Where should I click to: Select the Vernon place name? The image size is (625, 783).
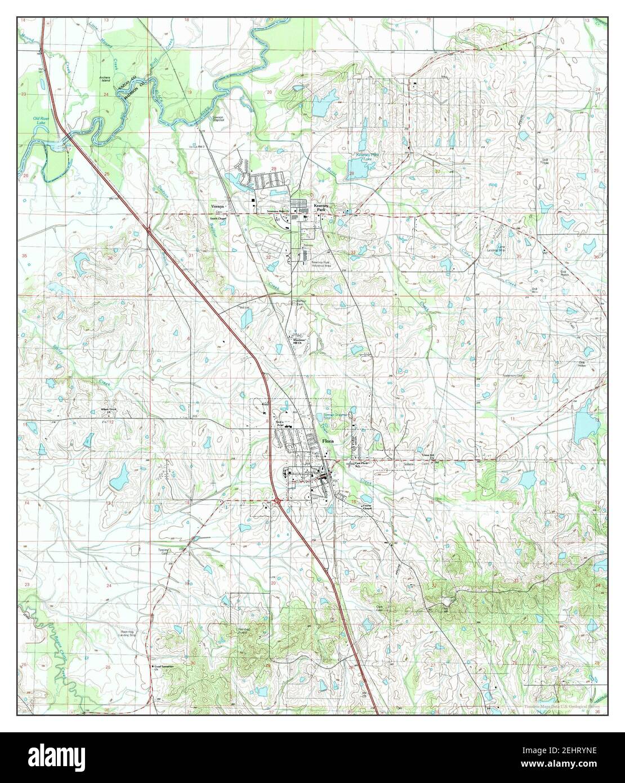click(x=218, y=206)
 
